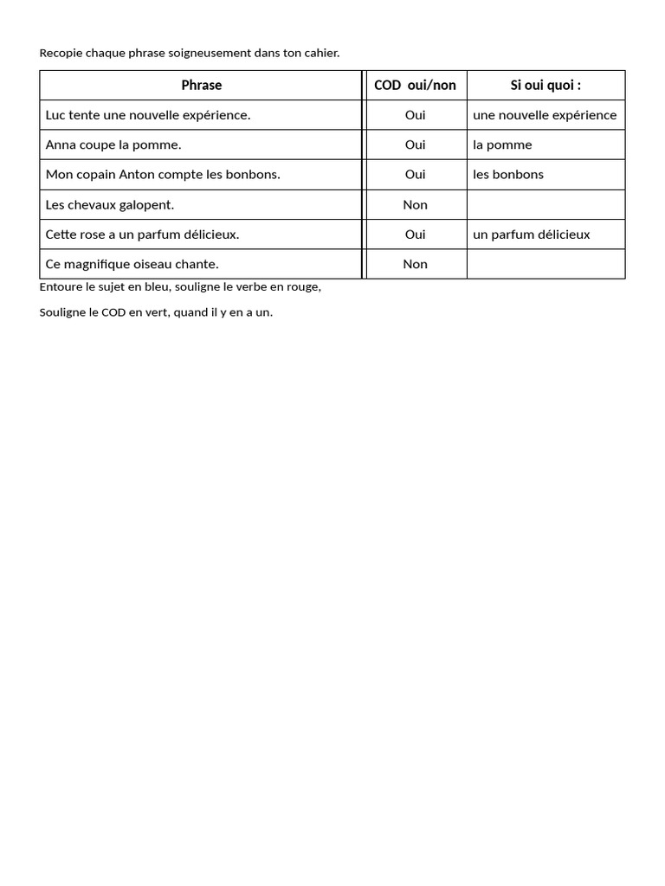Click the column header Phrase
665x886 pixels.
[201, 85]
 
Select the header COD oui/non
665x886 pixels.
[415, 85]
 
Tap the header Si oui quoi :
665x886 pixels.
[546, 85]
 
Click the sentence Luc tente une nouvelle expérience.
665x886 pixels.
[148, 115]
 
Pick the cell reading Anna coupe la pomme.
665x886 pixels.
[113, 144]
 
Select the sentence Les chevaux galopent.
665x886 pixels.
[110, 205]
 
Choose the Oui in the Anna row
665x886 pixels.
[415, 144]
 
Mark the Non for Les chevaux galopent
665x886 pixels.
[415, 205]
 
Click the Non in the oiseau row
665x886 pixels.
[415, 264]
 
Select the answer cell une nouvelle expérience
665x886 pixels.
[545, 115]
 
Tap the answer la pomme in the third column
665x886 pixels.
[502, 144]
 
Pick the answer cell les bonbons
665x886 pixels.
[508, 175]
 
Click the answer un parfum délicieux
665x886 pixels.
[531, 234]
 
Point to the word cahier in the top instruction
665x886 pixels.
[321, 54]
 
